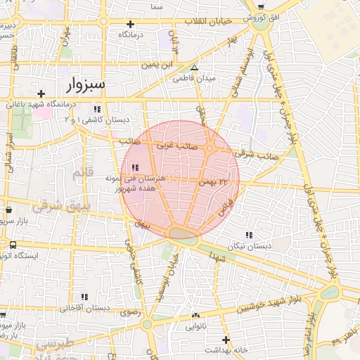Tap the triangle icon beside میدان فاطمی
(x=195, y=68)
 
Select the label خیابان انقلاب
(x=208, y=21)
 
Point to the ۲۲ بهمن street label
(x=214, y=182)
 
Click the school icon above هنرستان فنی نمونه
(x=134, y=167)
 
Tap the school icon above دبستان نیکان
(x=248, y=235)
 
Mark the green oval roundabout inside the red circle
(x=184, y=233)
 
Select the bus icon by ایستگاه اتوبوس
(x=13, y=245)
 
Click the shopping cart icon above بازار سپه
(x=8, y=210)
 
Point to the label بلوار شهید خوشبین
(x=272, y=304)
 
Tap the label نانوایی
(x=195, y=327)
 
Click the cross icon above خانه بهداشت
(x=225, y=338)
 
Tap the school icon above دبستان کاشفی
(x=97, y=109)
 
